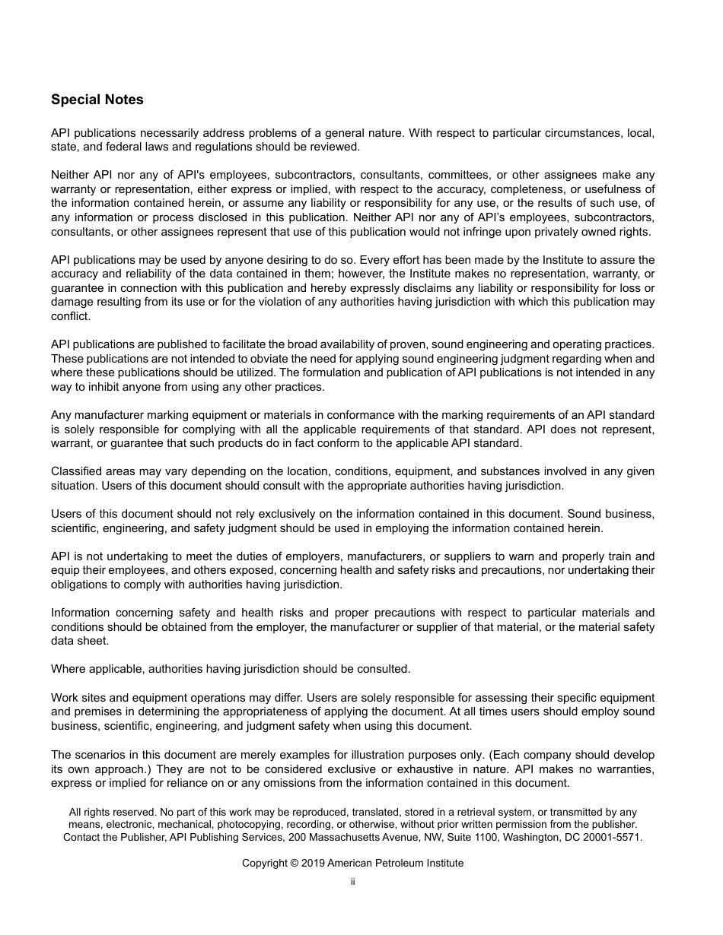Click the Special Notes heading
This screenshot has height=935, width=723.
coord(97,100)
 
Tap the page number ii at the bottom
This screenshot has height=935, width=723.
coord(353,882)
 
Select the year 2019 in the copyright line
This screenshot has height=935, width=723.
coord(313,863)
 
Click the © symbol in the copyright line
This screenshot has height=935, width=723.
coord(295,863)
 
